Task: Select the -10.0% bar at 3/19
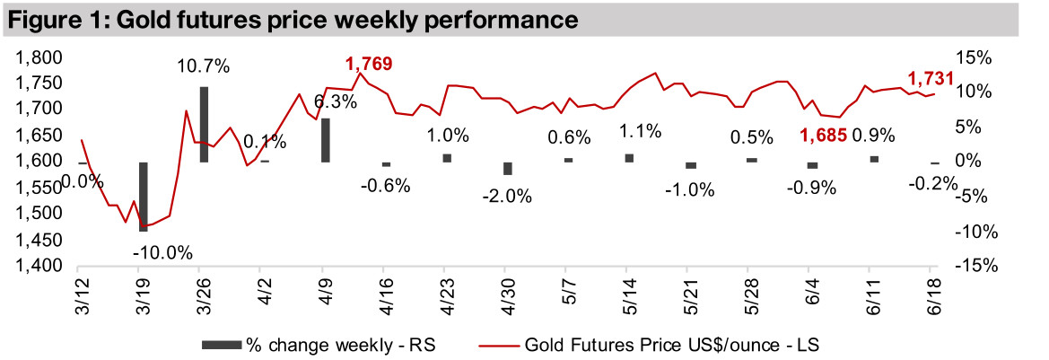[143, 197]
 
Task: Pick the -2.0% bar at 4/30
[507, 169]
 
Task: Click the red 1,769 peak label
[369, 63]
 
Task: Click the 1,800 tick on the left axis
[39, 57]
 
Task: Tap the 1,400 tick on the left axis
[39, 267]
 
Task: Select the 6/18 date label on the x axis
[931, 293]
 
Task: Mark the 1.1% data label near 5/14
[639, 131]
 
